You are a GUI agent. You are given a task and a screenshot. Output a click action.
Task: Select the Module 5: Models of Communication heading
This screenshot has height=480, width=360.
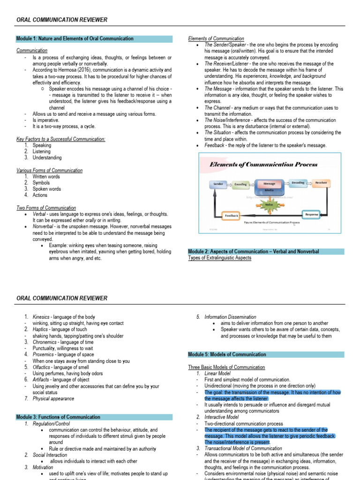pos(227,354)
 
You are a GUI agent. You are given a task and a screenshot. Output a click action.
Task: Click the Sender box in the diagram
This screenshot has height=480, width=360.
pos(218,184)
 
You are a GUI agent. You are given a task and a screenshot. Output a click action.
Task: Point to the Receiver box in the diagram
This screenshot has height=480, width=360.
pos(321,183)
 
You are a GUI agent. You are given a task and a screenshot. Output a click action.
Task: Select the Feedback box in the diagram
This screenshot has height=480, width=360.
pos(232,216)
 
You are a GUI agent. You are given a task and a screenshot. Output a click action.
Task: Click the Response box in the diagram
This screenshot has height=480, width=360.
pos(311,214)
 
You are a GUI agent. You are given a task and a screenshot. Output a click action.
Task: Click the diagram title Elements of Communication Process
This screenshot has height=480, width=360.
pos(263,165)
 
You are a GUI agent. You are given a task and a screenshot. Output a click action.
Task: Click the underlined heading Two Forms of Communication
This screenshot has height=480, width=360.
pos(46,208)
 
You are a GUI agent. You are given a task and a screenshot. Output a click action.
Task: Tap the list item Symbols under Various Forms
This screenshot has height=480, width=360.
pos(42,183)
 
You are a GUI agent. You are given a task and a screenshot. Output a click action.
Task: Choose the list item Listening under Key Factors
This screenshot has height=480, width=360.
pos(43,151)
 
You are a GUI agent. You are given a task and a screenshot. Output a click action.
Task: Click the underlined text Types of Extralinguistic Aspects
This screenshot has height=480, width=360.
pos(219,258)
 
